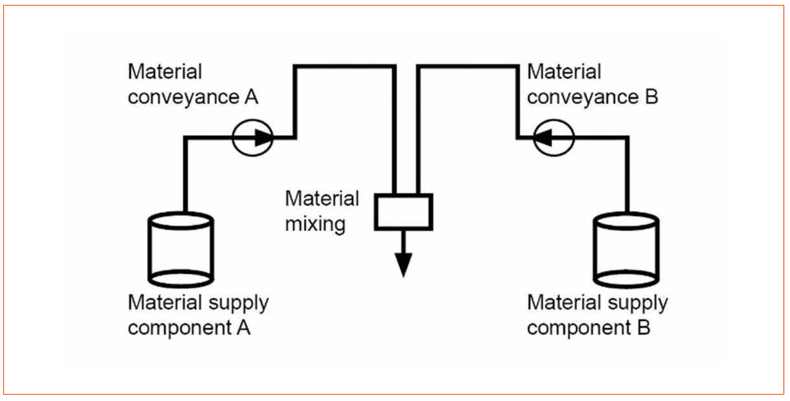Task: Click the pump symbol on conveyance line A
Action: tap(252, 138)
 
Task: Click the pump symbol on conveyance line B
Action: tap(554, 138)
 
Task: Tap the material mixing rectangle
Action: tap(404, 212)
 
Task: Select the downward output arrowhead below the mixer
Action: tap(403, 265)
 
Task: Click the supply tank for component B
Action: tap(626, 249)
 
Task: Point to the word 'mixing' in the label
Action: tap(315, 223)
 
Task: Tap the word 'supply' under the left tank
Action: tap(238, 303)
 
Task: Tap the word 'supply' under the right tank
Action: tap(637, 303)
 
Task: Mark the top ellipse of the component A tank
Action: tap(181, 220)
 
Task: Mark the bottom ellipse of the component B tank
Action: tap(626, 278)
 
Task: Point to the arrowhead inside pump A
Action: tap(262, 138)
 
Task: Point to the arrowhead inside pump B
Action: tap(543, 138)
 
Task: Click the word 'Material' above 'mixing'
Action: tap(322, 199)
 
